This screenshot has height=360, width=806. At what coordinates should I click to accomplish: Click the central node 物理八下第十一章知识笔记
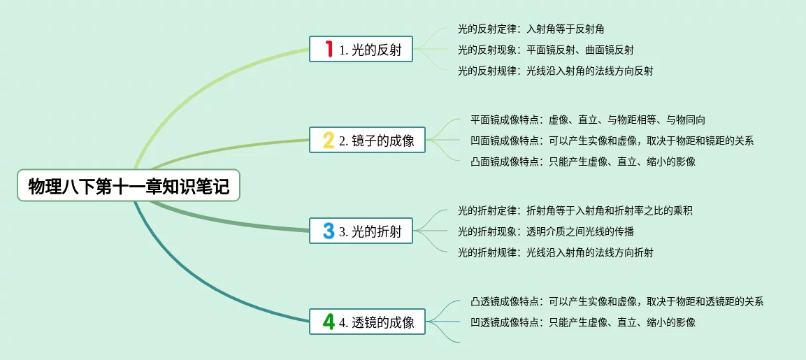[129, 186]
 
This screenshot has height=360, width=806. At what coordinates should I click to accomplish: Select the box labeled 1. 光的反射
[361, 50]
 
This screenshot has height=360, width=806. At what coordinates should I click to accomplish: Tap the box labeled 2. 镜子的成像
[367, 141]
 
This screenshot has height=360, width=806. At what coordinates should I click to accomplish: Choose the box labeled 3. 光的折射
[361, 231]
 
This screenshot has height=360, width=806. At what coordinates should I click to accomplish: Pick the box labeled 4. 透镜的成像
[367, 322]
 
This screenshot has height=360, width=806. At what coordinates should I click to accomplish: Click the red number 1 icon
[329, 49]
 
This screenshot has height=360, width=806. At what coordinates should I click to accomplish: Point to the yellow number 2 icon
[329, 140]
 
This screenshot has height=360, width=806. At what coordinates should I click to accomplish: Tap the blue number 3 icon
[329, 231]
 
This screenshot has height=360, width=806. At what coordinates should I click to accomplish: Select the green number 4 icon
[329, 322]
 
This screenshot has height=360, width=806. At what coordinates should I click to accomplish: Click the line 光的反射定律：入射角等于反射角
[531, 29]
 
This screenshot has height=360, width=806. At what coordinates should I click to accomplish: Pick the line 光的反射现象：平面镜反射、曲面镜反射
[546, 50]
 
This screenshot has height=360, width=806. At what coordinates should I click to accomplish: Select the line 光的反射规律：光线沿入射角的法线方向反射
[555, 71]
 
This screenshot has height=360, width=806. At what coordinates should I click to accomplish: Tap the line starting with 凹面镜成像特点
[612, 141]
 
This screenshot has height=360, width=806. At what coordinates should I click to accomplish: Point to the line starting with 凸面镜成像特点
[583, 161]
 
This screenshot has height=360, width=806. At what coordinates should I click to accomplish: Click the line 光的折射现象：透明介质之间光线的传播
[546, 231]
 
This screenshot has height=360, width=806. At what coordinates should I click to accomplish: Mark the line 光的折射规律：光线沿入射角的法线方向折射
[555, 252]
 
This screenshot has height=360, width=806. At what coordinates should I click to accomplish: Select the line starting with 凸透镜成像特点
[617, 301]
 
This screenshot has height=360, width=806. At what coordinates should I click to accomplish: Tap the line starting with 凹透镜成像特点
[583, 322]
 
